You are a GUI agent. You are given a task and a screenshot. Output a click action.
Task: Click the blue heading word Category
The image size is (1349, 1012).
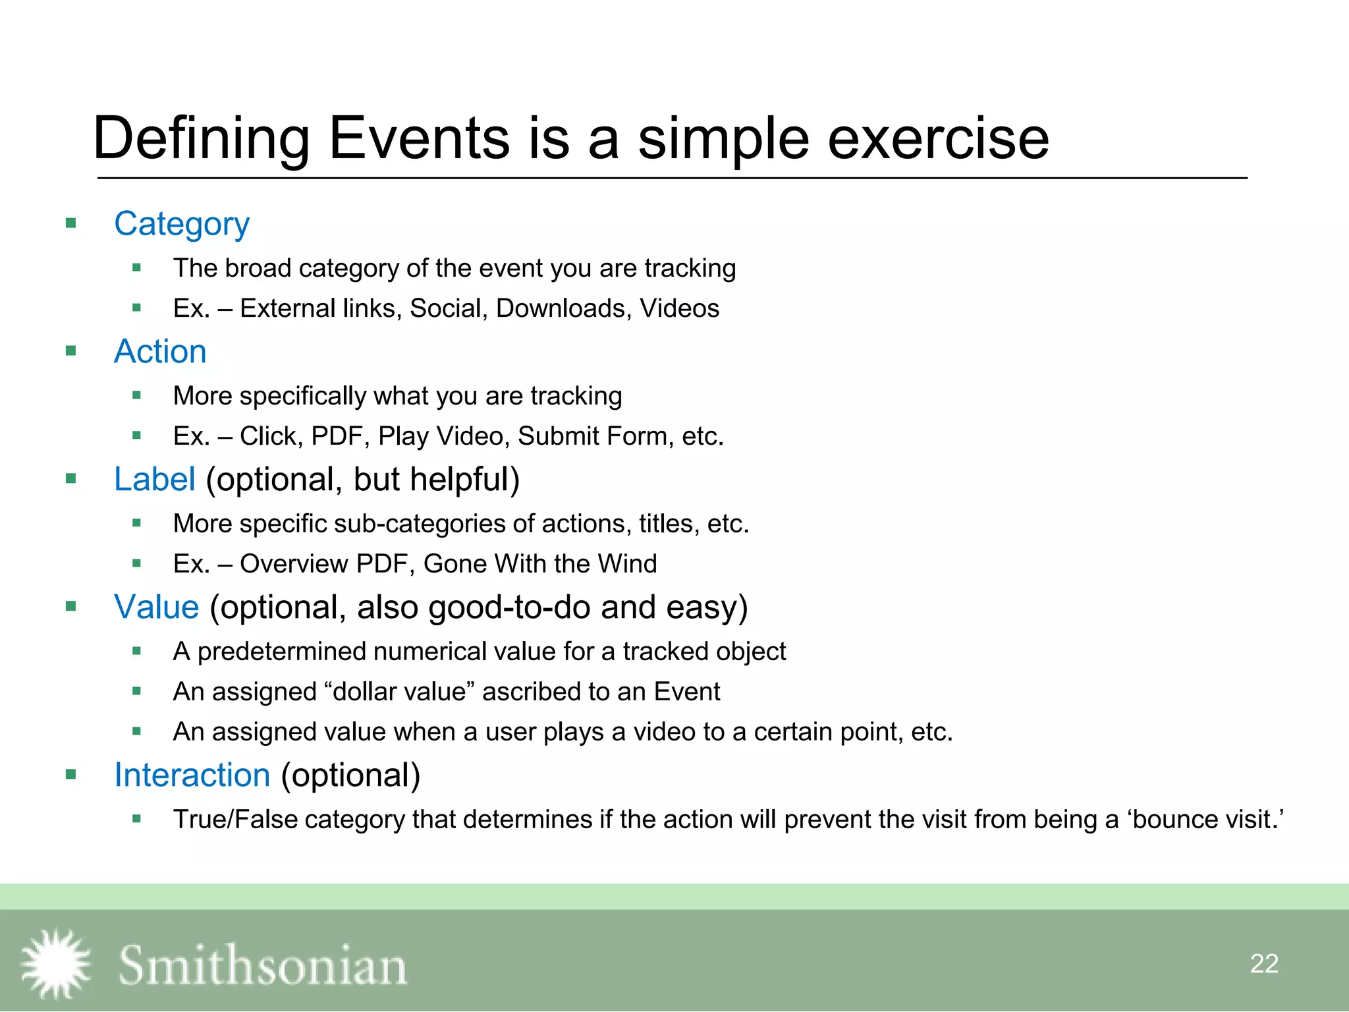[x=182, y=224]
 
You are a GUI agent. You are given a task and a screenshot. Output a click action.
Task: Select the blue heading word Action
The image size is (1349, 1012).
[x=160, y=351]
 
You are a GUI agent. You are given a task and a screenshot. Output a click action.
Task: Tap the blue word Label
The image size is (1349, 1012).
[x=154, y=479]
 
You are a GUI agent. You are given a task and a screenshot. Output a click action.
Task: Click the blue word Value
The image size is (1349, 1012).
[x=156, y=607]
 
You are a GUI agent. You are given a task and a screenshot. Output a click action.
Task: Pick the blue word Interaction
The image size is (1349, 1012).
[x=192, y=775]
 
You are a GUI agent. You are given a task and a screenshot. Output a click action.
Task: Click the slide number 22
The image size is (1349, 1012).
[x=1263, y=964]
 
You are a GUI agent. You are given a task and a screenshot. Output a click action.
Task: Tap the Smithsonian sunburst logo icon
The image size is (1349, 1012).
[x=56, y=963]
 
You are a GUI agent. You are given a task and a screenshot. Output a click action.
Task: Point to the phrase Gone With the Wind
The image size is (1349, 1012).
[x=540, y=564]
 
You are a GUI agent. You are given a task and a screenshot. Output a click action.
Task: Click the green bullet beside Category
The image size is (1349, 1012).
[x=71, y=223]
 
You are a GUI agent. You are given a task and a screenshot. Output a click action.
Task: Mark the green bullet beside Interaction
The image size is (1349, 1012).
[x=71, y=774]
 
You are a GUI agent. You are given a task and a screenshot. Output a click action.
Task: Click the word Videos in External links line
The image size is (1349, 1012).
[x=679, y=308]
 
